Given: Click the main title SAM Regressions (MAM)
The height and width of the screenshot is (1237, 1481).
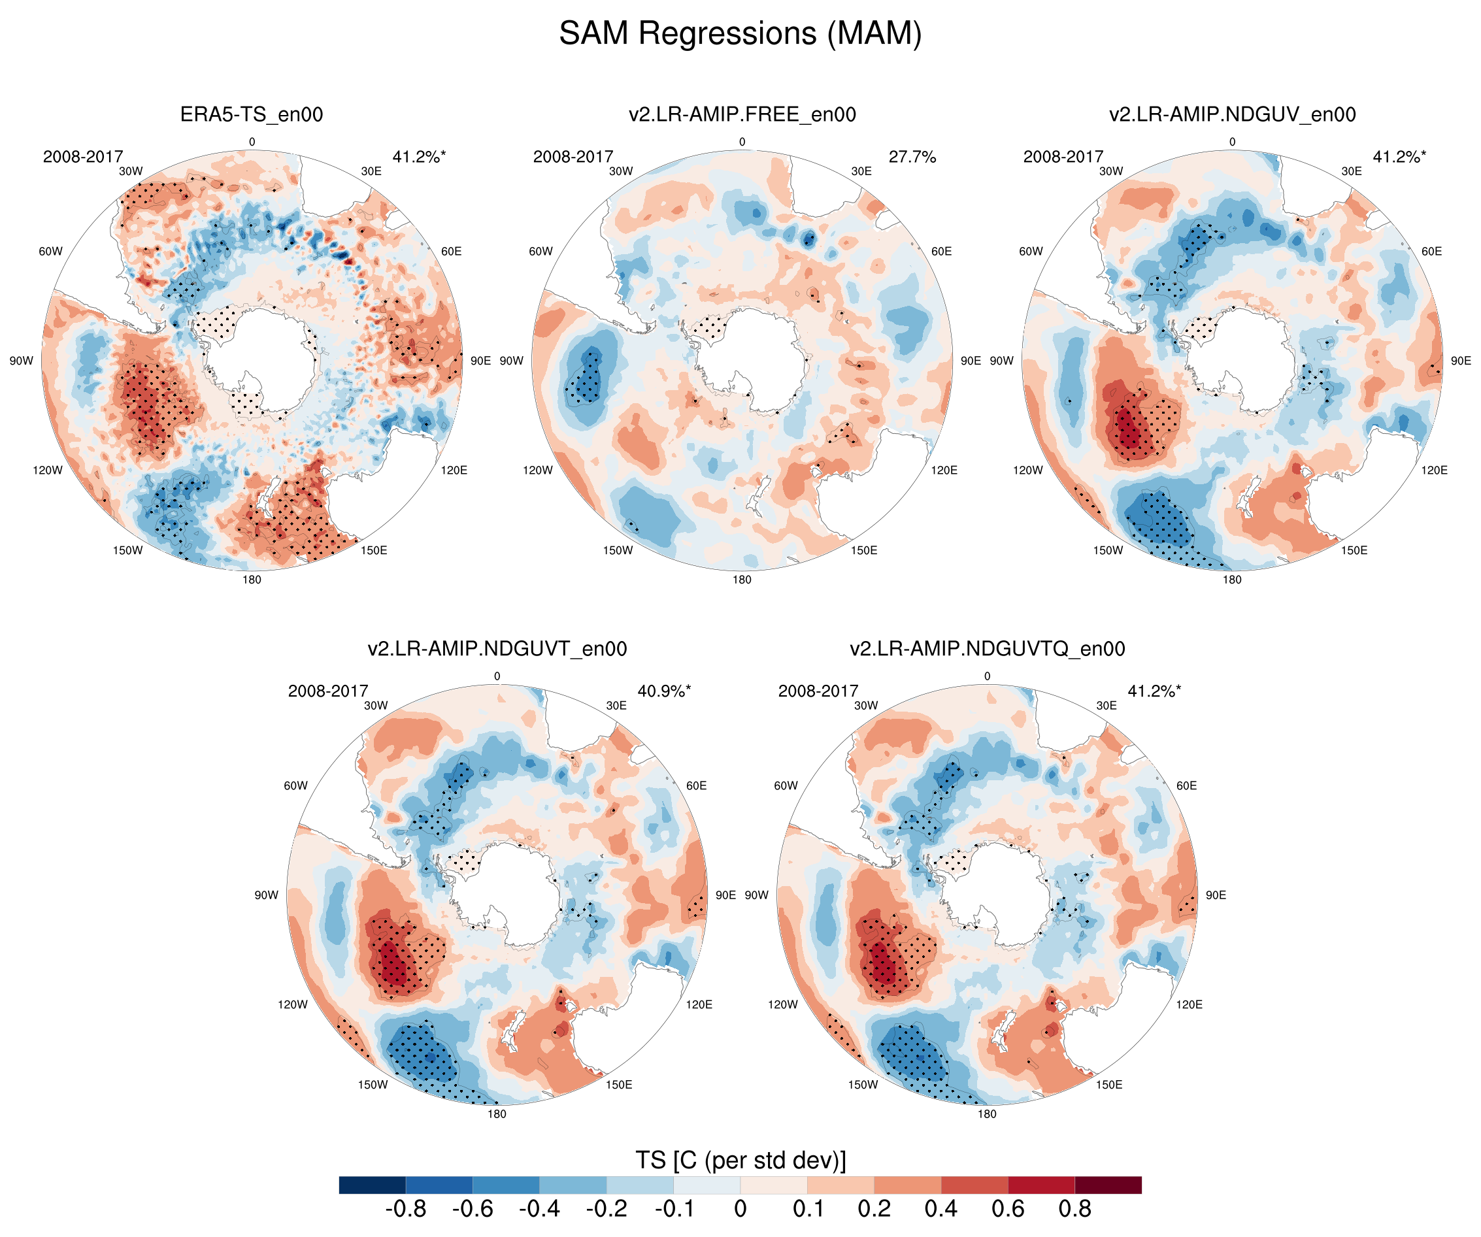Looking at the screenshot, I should pos(740,33).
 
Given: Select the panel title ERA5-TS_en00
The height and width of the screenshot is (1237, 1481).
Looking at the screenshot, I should pos(252,114).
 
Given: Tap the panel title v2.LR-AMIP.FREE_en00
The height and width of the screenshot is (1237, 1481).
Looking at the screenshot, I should pos(742,114).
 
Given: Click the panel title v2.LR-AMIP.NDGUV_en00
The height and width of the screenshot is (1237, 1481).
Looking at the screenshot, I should pos(1232,114).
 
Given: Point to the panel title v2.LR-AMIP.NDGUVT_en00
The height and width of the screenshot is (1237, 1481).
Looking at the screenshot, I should pos(497,649).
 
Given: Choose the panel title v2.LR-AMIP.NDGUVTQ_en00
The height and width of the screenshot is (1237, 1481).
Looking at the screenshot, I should pos(987,649).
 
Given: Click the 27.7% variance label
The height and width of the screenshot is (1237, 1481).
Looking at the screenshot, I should pos(912,157).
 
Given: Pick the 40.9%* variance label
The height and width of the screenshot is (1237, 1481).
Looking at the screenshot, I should pos(663,691).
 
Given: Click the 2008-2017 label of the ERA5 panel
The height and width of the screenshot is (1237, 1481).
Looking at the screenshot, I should pos(82,157).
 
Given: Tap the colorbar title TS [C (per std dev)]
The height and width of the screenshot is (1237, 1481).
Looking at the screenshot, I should pos(740,1160).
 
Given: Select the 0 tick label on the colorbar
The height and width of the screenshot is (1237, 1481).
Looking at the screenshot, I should pos(740,1209).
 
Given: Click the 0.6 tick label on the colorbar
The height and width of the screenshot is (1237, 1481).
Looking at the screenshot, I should pos(1007,1209).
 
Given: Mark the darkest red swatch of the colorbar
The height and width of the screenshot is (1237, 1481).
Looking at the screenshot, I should pos(1108,1185).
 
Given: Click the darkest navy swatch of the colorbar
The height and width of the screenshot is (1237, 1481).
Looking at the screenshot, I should pos(373,1185).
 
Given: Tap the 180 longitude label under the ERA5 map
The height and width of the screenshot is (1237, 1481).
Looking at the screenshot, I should pos(252,580).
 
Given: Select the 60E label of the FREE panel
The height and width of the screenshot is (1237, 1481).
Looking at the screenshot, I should pos(942,252).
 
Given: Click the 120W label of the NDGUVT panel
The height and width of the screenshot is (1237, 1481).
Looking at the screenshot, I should pos(293,1004).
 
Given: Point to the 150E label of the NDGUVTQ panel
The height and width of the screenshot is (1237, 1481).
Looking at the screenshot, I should pos(1108,1085).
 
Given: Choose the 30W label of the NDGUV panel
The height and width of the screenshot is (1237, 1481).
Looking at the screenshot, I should pos(1111,171).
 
